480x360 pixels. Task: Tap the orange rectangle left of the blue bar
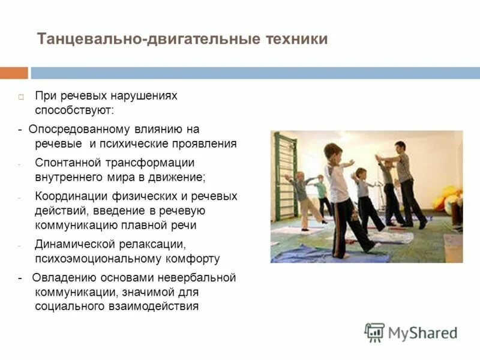click(x=14, y=73)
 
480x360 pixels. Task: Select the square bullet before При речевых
click(x=20, y=97)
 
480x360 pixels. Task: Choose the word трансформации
click(x=153, y=163)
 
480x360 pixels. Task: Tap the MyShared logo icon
click(x=374, y=332)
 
